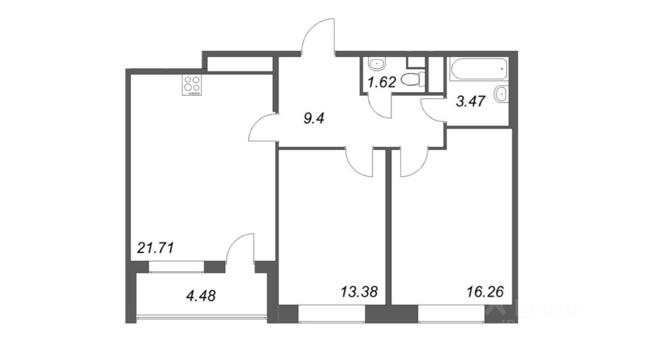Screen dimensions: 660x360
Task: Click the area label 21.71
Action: click(x=155, y=248)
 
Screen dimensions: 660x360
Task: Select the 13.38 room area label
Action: click(x=359, y=292)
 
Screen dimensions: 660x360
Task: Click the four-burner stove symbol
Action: click(x=192, y=85)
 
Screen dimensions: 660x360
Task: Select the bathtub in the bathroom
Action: click(x=478, y=69)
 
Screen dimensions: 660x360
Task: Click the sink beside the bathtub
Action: click(x=500, y=94)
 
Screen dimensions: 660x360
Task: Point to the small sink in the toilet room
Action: click(x=376, y=64)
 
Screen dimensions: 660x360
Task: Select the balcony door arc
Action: click(x=240, y=249)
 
